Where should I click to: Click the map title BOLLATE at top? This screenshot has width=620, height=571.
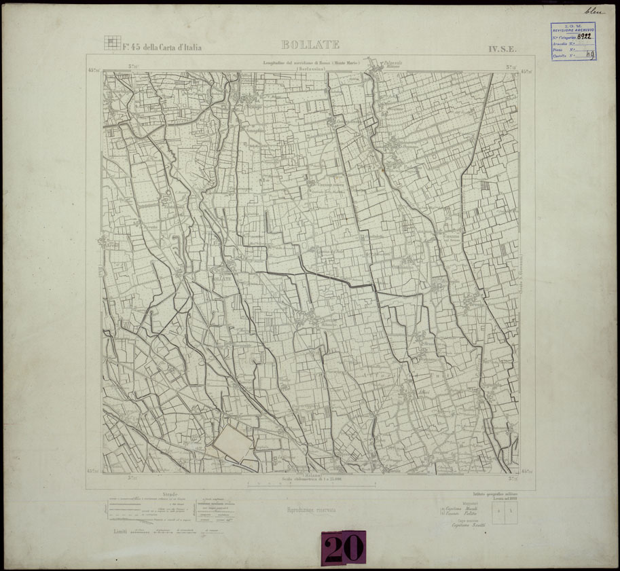pos(310,45)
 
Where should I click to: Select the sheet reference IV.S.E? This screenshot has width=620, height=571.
pos(503,49)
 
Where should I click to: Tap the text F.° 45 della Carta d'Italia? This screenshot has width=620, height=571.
pos(162,47)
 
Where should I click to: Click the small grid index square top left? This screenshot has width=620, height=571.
pos(111,43)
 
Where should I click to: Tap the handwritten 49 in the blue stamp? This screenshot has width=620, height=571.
pos(590,55)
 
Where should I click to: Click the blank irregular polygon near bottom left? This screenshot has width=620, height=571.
pos(232,446)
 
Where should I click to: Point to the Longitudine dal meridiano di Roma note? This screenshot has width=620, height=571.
pos(312,63)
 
